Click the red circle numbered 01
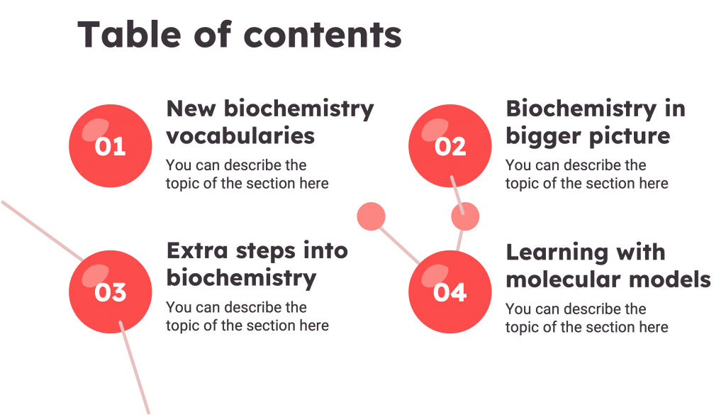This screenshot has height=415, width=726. click(110, 146)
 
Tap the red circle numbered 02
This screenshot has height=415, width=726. click(449, 146)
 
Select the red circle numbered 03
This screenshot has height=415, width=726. click(110, 292)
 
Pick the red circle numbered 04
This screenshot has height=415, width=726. click(449, 292)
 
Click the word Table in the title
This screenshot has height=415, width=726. click(120, 34)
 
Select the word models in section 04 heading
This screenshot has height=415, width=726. click(670, 279)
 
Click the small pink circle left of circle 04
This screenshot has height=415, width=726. click(371, 216)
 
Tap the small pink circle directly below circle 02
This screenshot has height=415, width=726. click(465, 217)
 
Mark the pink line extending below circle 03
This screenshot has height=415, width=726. click(135, 369)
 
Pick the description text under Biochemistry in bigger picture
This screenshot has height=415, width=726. click(586, 175)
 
